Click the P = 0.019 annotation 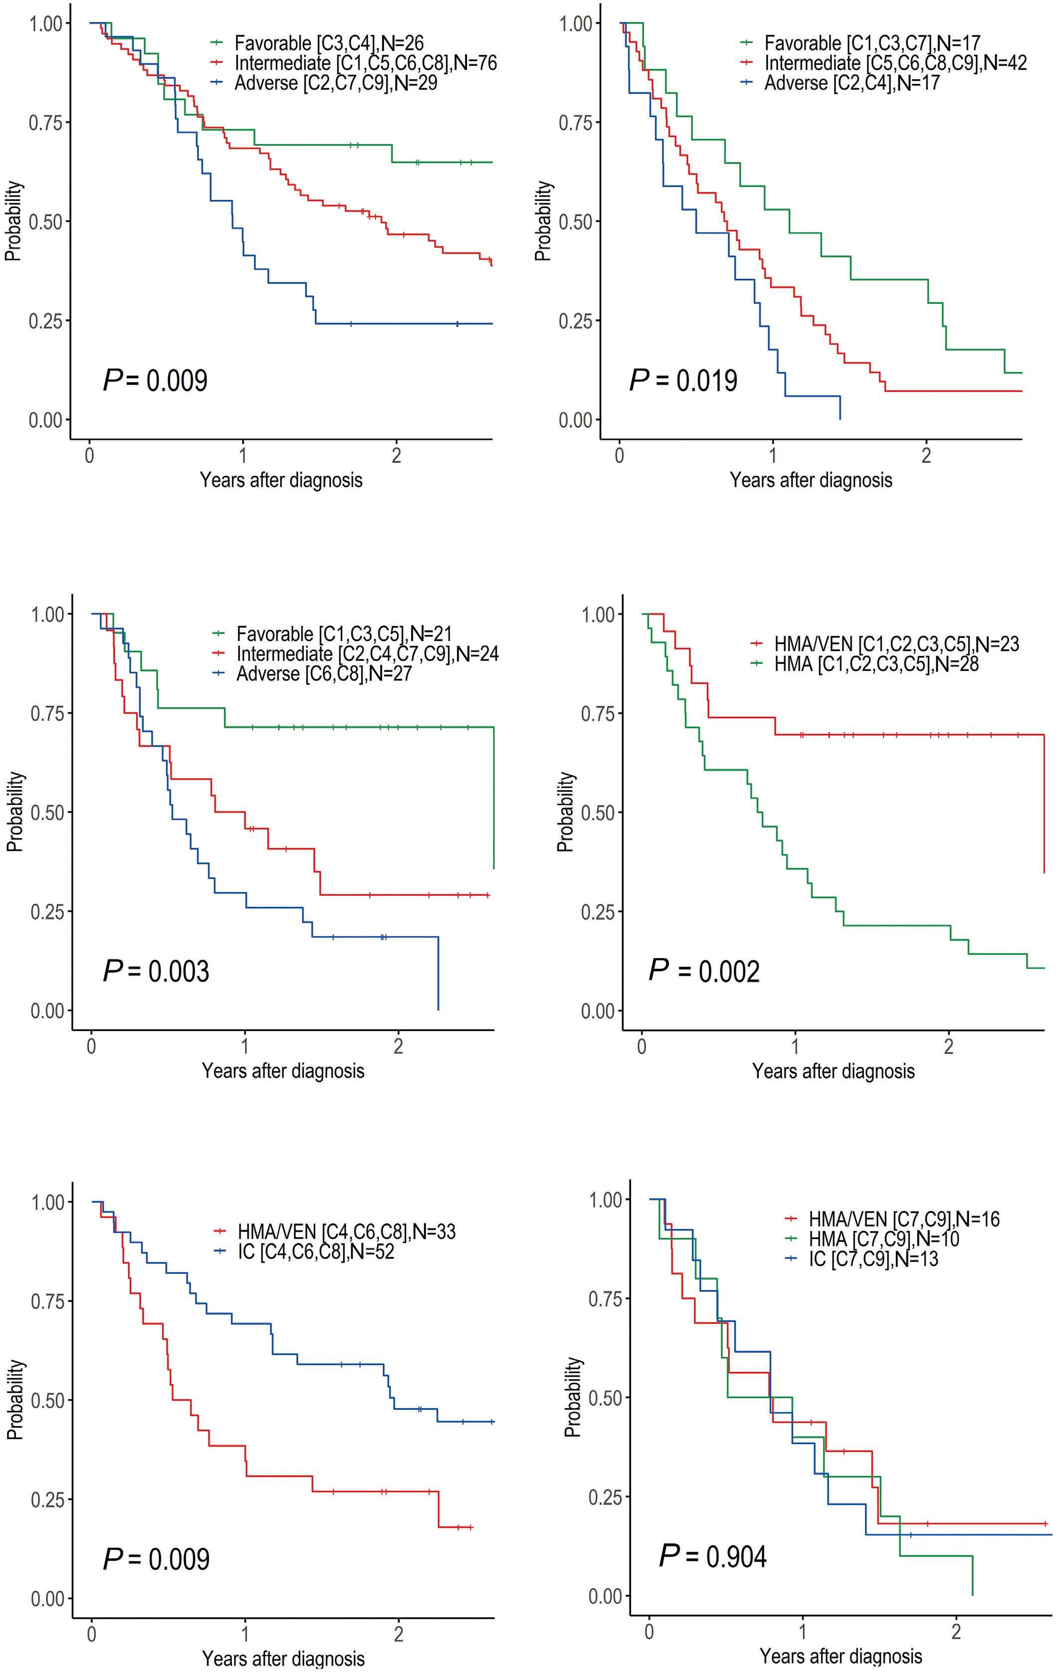click(x=683, y=381)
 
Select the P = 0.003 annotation click(x=156, y=970)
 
